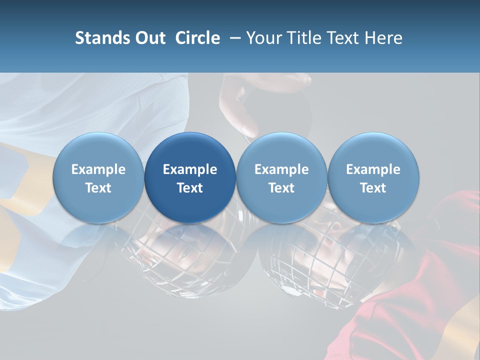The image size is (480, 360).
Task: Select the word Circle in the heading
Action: tap(197, 38)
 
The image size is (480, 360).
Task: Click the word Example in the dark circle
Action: tap(190, 169)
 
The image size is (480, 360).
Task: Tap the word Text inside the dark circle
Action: tap(190, 188)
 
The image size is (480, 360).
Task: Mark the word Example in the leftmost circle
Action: tap(98, 169)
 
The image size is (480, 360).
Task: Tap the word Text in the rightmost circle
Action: tap(373, 188)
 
